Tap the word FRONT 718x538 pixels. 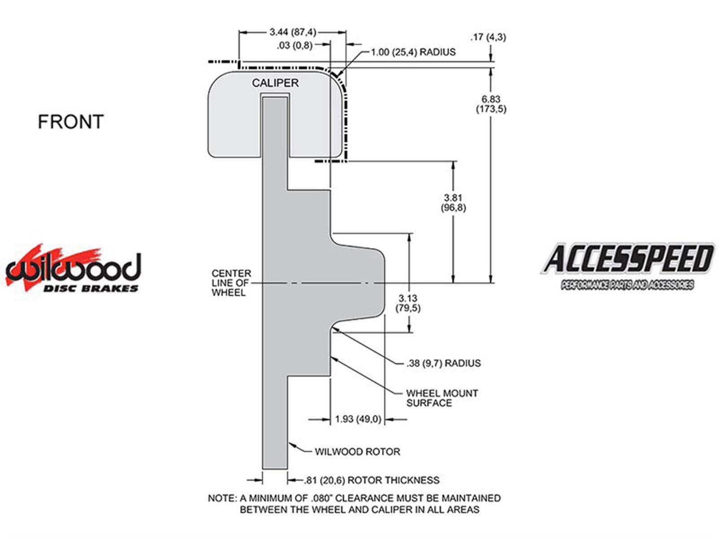tap(70, 122)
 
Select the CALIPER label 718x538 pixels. tap(275, 83)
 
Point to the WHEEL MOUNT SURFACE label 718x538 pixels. tap(442, 398)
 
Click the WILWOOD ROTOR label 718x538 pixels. tap(357, 451)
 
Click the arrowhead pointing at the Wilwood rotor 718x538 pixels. tap(291, 445)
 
